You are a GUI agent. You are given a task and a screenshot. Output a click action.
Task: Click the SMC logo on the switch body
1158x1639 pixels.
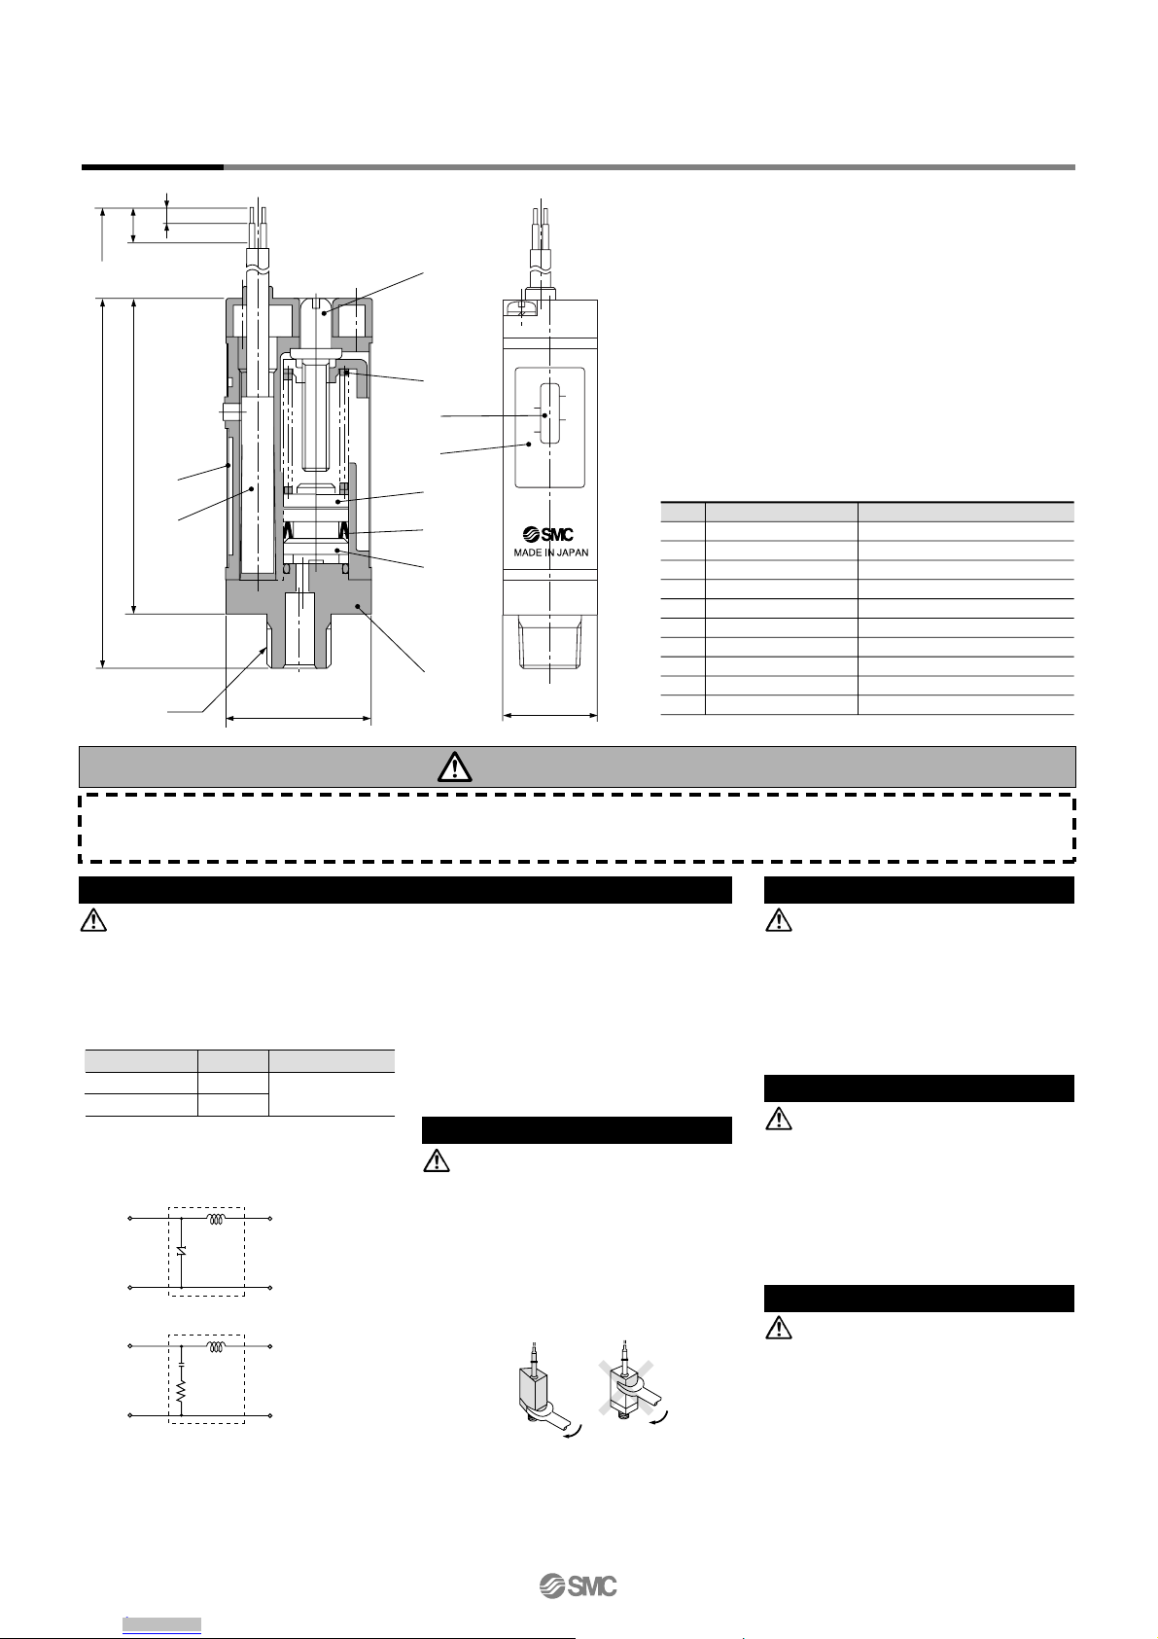pyautogui.click(x=548, y=534)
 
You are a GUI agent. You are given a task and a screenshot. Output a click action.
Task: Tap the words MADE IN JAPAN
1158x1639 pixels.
pyautogui.click(x=551, y=552)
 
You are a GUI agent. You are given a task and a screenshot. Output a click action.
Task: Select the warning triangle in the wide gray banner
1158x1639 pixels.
pyautogui.click(x=454, y=766)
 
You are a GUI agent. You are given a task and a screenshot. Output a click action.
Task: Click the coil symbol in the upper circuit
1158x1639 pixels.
pyautogui.click(x=216, y=1218)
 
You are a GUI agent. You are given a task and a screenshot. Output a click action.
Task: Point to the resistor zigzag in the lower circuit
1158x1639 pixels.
pyautogui.click(x=181, y=1396)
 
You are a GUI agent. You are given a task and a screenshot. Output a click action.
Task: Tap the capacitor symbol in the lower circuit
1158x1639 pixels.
pyautogui.click(x=181, y=1365)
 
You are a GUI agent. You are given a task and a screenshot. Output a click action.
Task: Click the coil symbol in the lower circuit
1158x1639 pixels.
pyautogui.click(x=216, y=1347)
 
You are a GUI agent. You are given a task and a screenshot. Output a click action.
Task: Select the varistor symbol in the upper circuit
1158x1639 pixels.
pyautogui.click(x=181, y=1251)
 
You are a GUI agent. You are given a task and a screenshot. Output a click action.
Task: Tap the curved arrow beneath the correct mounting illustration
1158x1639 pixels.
pyautogui.click(x=573, y=1434)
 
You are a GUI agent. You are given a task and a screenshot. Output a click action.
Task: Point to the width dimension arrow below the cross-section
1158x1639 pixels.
pyautogui.click(x=298, y=719)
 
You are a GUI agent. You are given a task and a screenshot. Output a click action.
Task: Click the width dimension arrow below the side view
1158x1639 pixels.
pyautogui.click(x=550, y=716)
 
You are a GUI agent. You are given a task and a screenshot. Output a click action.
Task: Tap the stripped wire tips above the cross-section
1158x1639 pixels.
pyautogui.click(x=258, y=225)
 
